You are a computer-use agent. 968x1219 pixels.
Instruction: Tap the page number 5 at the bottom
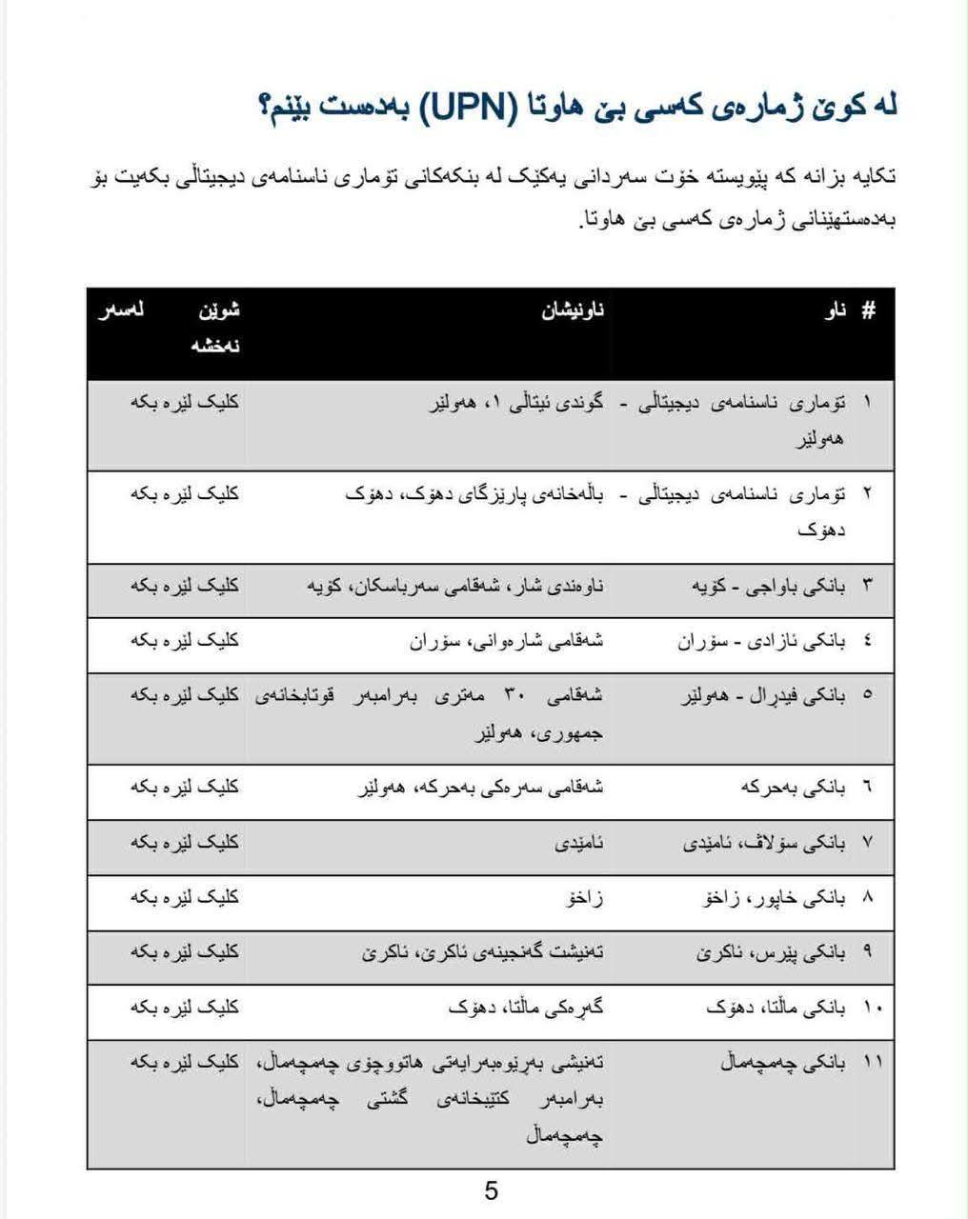click(492, 1189)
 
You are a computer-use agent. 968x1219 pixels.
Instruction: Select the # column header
click(868, 310)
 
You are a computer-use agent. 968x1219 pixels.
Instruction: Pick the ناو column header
click(836, 310)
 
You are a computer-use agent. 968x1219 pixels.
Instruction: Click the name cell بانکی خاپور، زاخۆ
click(776, 897)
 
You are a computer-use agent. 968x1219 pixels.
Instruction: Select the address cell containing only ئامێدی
click(579, 843)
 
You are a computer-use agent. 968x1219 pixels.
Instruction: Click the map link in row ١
click(185, 402)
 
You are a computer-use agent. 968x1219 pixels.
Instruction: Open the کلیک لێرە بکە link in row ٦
click(185, 788)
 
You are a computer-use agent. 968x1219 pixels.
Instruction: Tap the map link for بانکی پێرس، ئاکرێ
click(185, 951)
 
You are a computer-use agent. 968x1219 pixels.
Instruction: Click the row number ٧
click(867, 843)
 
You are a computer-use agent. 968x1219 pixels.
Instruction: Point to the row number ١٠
click(872, 1007)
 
